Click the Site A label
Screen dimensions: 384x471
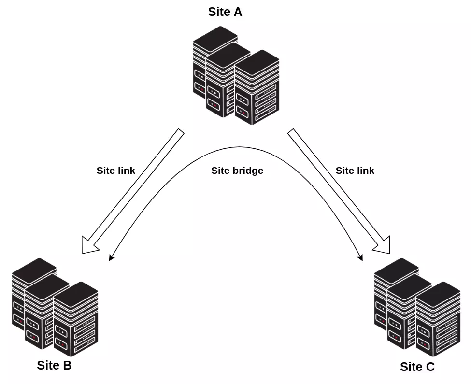click(225, 12)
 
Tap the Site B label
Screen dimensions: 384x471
click(54, 365)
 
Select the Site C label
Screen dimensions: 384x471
click(417, 367)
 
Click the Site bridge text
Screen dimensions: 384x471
click(237, 171)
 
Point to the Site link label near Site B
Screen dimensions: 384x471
click(115, 171)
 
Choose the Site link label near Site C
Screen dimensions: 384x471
click(355, 171)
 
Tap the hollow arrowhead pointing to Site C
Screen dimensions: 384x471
click(382, 245)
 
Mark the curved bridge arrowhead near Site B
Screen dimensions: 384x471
click(112, 257)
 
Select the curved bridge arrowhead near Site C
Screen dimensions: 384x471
click(360, 257)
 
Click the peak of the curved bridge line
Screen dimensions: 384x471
click(237, 147)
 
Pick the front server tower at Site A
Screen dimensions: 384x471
click(257, 89)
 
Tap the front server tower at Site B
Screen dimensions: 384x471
click(76, 321)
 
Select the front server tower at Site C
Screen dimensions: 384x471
click(438, 321)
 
